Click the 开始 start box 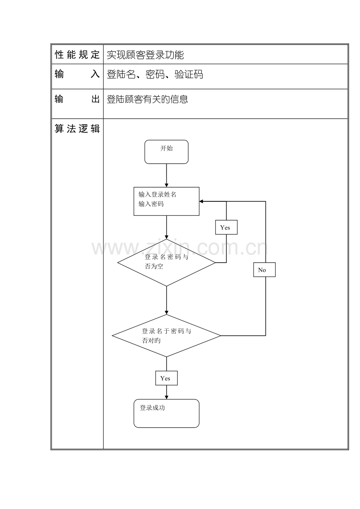click(x=166, y=152)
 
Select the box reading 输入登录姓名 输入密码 click(x=166, y=201)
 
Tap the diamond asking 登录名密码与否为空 click(x=166, y=262)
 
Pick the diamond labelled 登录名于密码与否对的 click(x=166, y=336)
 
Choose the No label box click(x=264, y=270)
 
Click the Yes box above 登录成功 click(x=166, y=378)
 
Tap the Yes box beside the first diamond click(x=226, y=227)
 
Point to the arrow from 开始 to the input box click(x=166, y=176)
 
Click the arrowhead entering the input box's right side click(x=201, y=201)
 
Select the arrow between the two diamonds click(x=166, y=300)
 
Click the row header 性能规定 click(x=77, y=55)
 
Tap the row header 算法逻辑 click(x=77, y=129)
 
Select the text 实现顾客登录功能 click(x=145, y=55)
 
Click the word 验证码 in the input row click(x=189, y=74)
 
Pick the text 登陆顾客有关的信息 click(x=148, y=99)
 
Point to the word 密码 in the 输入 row click(x=155, y=74)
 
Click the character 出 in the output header click(x=95, y=99)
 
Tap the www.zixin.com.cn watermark click(x=180, y=248)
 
